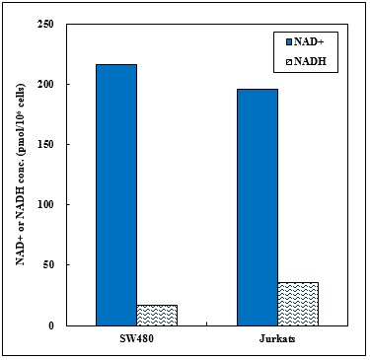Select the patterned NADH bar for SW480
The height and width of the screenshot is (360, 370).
click(158, 315)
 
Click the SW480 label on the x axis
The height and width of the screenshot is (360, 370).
click(136, 340)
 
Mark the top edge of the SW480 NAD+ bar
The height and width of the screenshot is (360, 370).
click(115, 65)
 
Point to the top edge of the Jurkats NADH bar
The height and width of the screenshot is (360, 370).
click(298, 283)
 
